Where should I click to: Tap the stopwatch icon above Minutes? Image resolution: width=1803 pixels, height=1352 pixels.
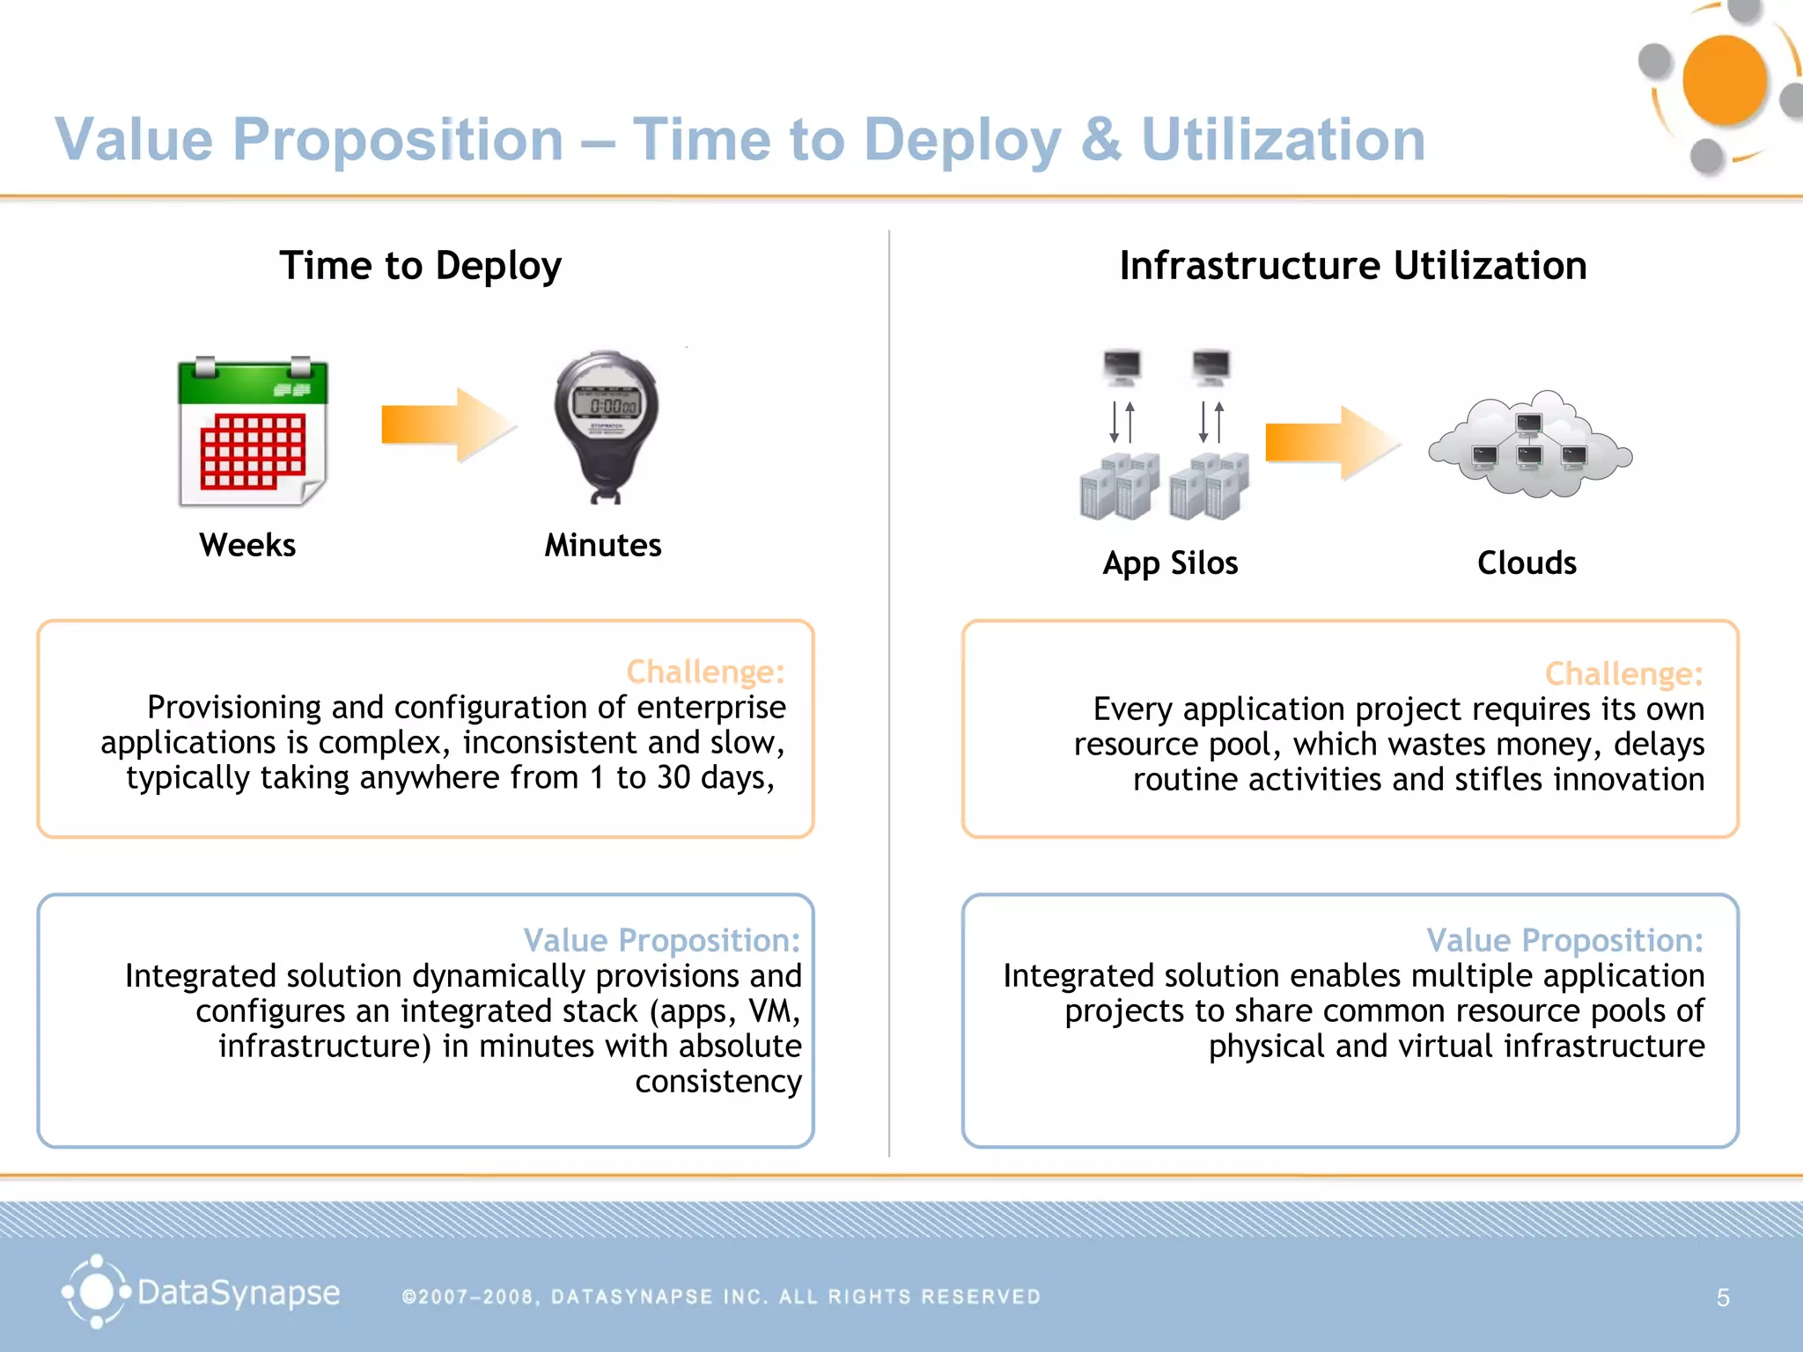pos(606,425)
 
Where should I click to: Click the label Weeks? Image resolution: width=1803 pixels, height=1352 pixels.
pos(247,545)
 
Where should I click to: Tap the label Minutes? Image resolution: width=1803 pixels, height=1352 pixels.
pos(603,545)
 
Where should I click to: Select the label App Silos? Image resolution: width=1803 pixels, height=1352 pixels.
pos(1170,563)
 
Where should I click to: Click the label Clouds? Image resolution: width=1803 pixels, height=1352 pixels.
pos(1527,562)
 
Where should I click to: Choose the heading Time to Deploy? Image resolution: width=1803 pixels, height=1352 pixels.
pos(420,266)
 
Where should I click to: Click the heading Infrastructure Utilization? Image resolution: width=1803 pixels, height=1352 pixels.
pos(1353,266)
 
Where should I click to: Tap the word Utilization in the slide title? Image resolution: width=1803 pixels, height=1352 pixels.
pos(1283,140)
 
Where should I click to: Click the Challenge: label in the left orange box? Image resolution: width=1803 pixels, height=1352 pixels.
pos(705,672)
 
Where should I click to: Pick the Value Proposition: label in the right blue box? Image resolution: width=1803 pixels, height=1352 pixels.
pos(1564,940)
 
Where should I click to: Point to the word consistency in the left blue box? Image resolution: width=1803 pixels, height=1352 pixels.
pos(718,1081)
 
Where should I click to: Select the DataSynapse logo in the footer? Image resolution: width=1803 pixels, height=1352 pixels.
pos(201,1292)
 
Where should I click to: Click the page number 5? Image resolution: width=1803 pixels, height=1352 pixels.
pos(1723,1297)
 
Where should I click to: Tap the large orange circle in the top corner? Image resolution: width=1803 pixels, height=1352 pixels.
pos(1724,80)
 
